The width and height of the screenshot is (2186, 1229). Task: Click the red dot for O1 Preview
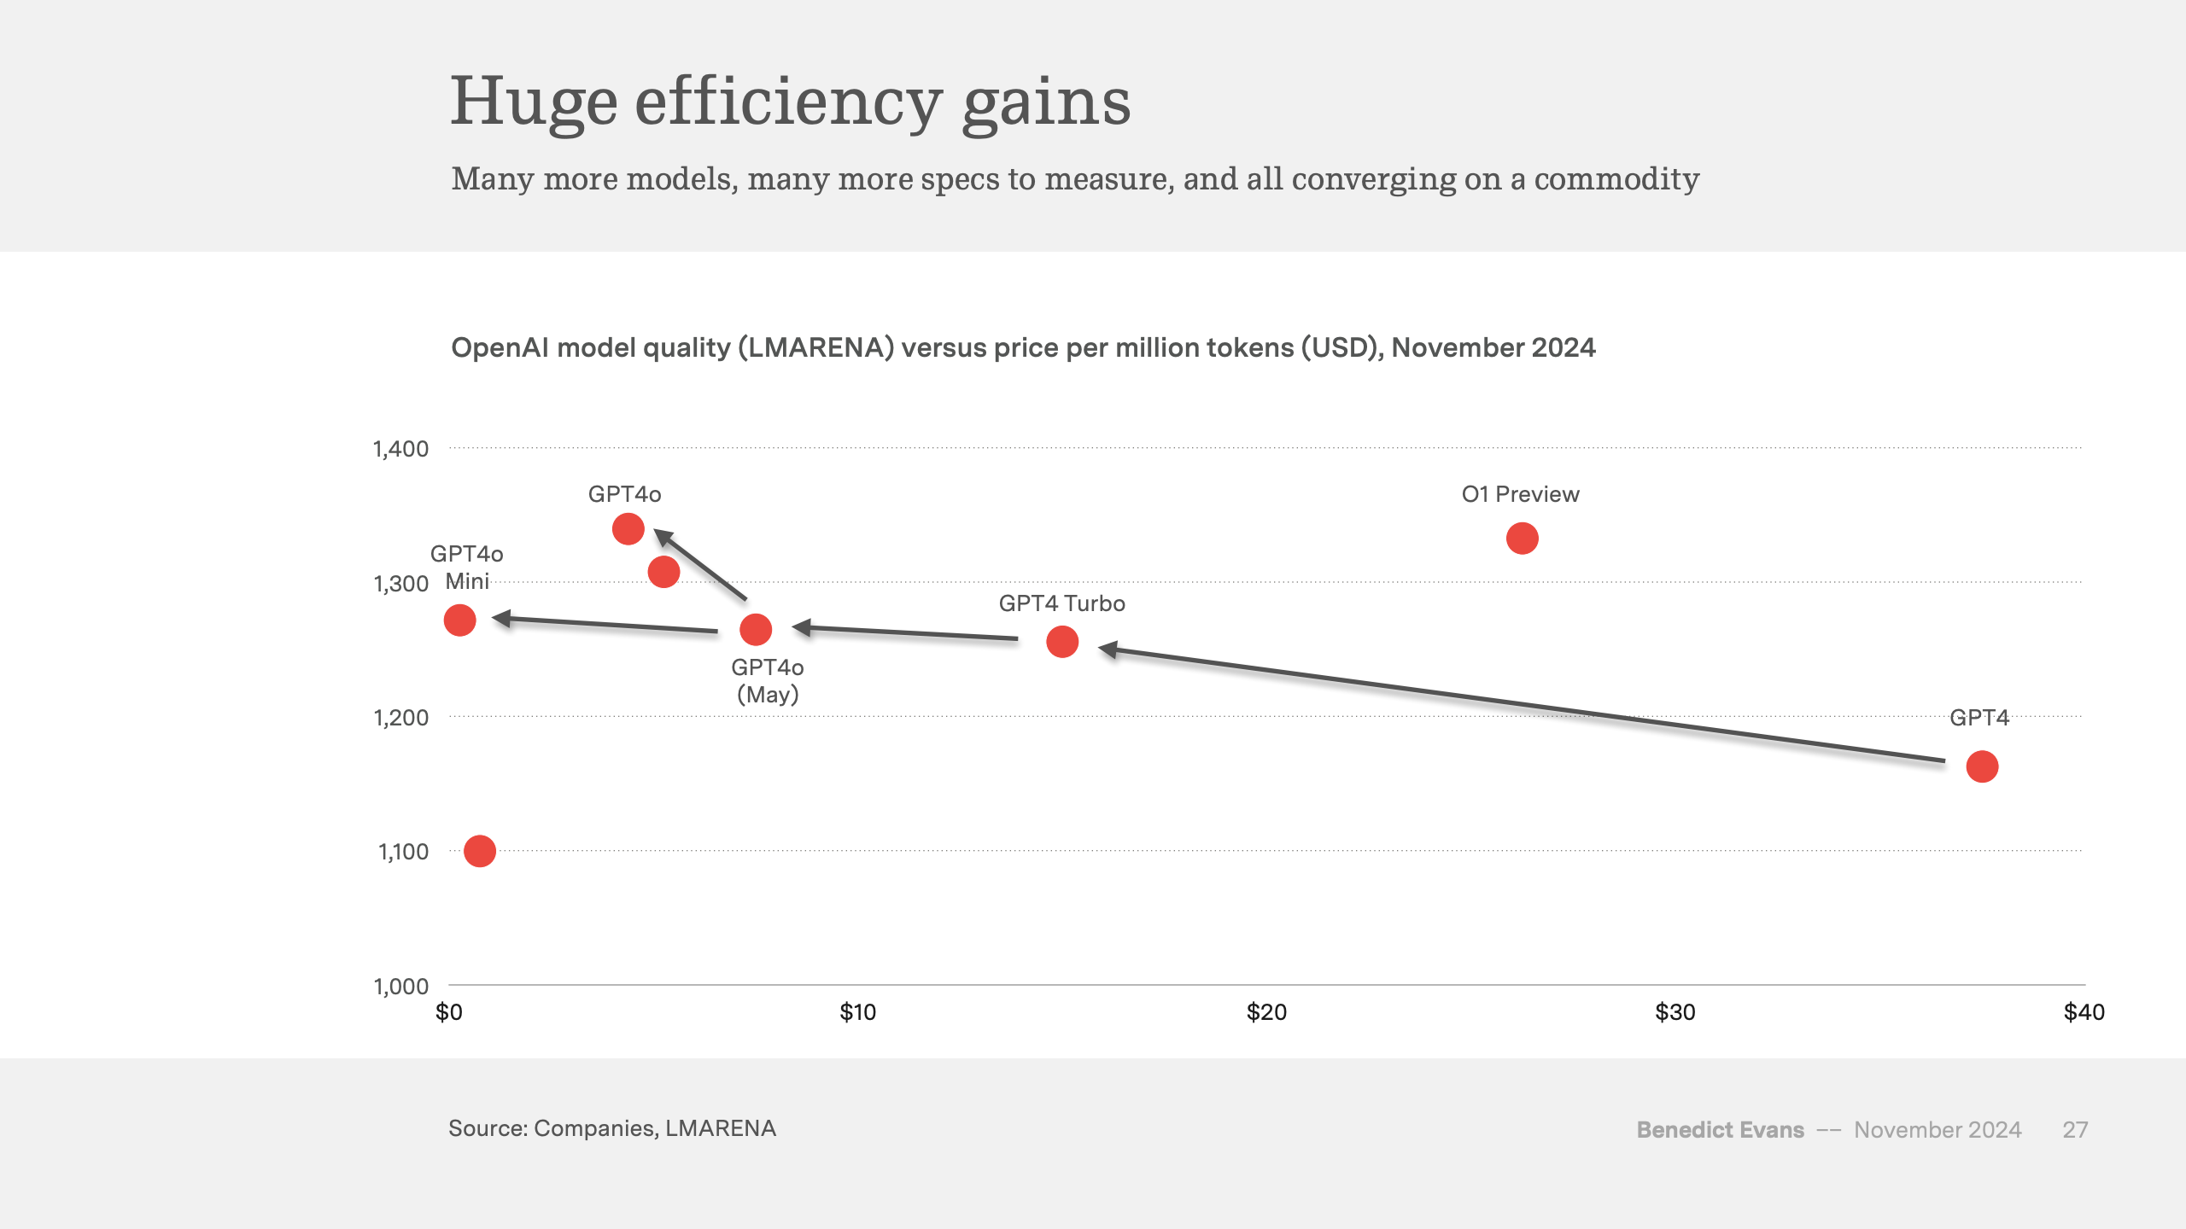[x=1522, y=539]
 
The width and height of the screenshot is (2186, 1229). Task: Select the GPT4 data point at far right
[x=1982, y=766]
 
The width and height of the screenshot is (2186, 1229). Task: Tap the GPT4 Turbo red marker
[x=1062, y=642]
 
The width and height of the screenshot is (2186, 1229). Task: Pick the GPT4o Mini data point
[x=459, y=620]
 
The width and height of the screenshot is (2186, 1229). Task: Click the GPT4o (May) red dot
[x=756, y=630]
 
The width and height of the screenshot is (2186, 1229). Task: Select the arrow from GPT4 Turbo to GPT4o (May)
[x=905, y=632]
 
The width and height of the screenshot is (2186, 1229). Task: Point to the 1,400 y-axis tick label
[x=400, y=449]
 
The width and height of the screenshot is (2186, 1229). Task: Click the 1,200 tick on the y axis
[x=400, y=718]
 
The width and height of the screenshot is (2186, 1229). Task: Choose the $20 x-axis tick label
[x=1266, y=1012]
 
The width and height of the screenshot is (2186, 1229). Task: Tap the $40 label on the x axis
[x=2084, y=1012]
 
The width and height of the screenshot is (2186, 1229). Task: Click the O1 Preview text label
[x=1520, y=494]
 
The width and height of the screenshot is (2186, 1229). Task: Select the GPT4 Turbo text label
[x=1061, y=603]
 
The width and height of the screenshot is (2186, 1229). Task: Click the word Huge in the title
[x=533, y=102]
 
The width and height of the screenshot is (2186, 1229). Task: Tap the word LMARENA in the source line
[x=720, y=1128]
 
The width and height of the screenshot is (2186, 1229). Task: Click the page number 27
[x=2075, y=1130]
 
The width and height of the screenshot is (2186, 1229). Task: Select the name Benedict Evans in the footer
[x=1720, y=1130]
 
